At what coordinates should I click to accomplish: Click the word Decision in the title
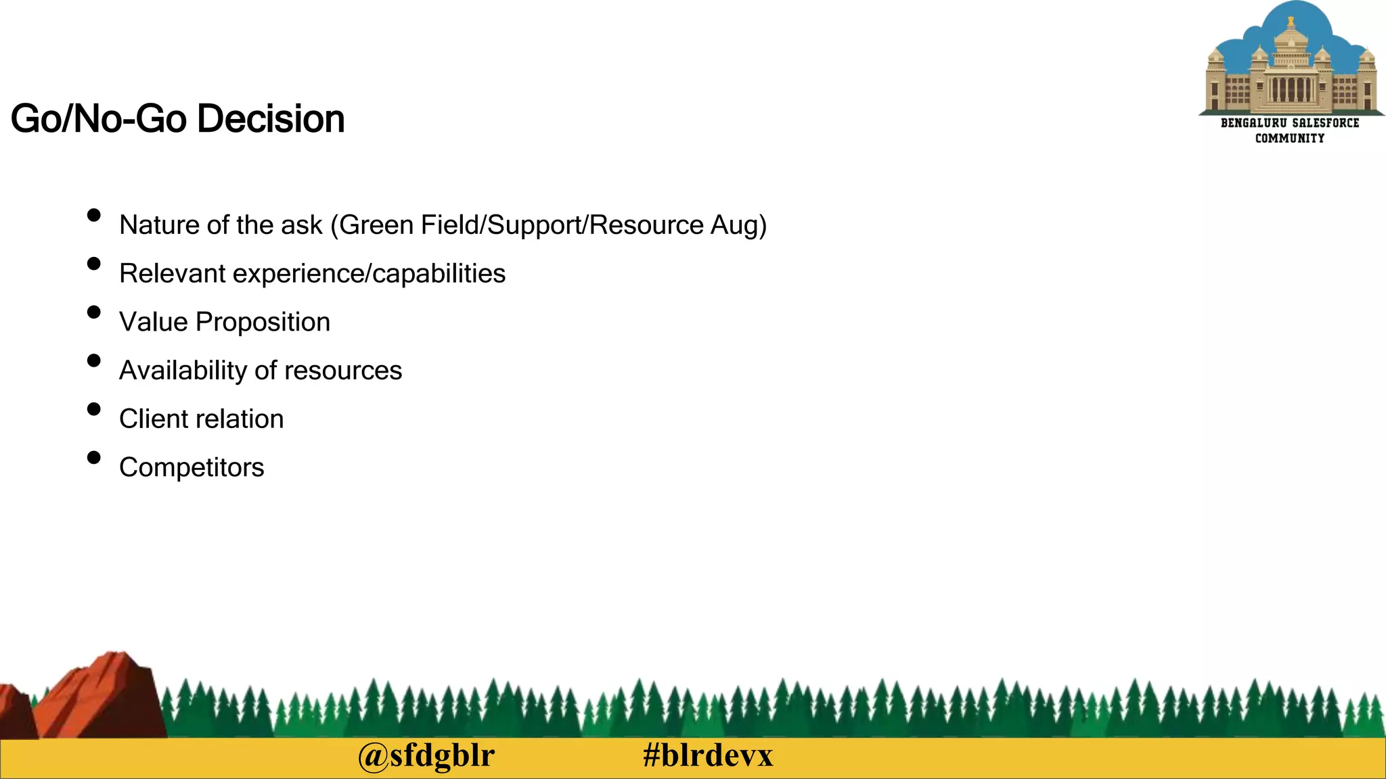(271, 119)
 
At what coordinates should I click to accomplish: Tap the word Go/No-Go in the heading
(99, 119)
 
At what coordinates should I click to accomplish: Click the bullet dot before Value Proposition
(94, 312)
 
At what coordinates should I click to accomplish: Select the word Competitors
(192, 467)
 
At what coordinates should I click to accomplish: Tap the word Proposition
(263, 323)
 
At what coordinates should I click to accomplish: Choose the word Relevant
(173, 273)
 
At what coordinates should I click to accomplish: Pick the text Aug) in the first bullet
(738, 226)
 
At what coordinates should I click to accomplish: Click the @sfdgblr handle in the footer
(426, 755)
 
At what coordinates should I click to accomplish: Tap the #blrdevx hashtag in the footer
(707, 755)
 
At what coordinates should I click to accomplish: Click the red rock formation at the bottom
(102, 697)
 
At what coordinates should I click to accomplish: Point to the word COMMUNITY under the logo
(1290, 138)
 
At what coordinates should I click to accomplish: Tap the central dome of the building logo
(1291, 37)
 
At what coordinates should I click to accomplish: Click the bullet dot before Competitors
(94, 458)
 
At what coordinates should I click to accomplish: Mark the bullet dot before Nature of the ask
(94, 215)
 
